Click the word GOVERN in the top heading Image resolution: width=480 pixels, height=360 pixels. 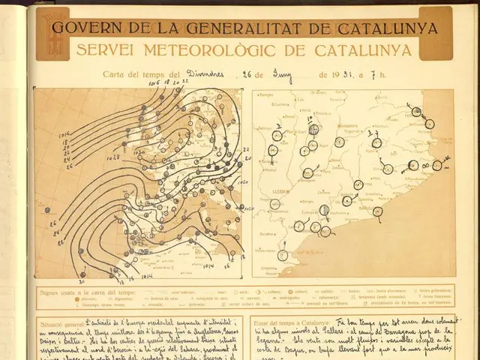[x=83, y=29]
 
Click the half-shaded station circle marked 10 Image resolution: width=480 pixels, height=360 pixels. [x=313, y=130]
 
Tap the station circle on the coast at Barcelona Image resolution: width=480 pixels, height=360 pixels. [x=377, y=212]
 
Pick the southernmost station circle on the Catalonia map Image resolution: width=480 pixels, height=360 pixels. [x=282, y=255]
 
